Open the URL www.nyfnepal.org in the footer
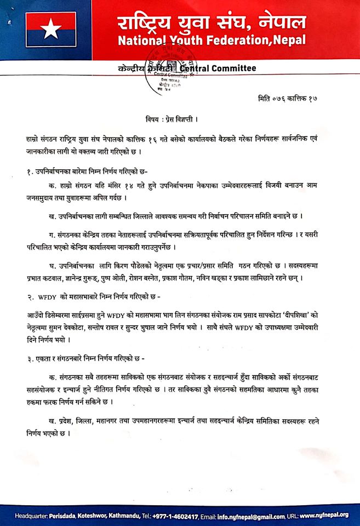pos(327,516)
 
